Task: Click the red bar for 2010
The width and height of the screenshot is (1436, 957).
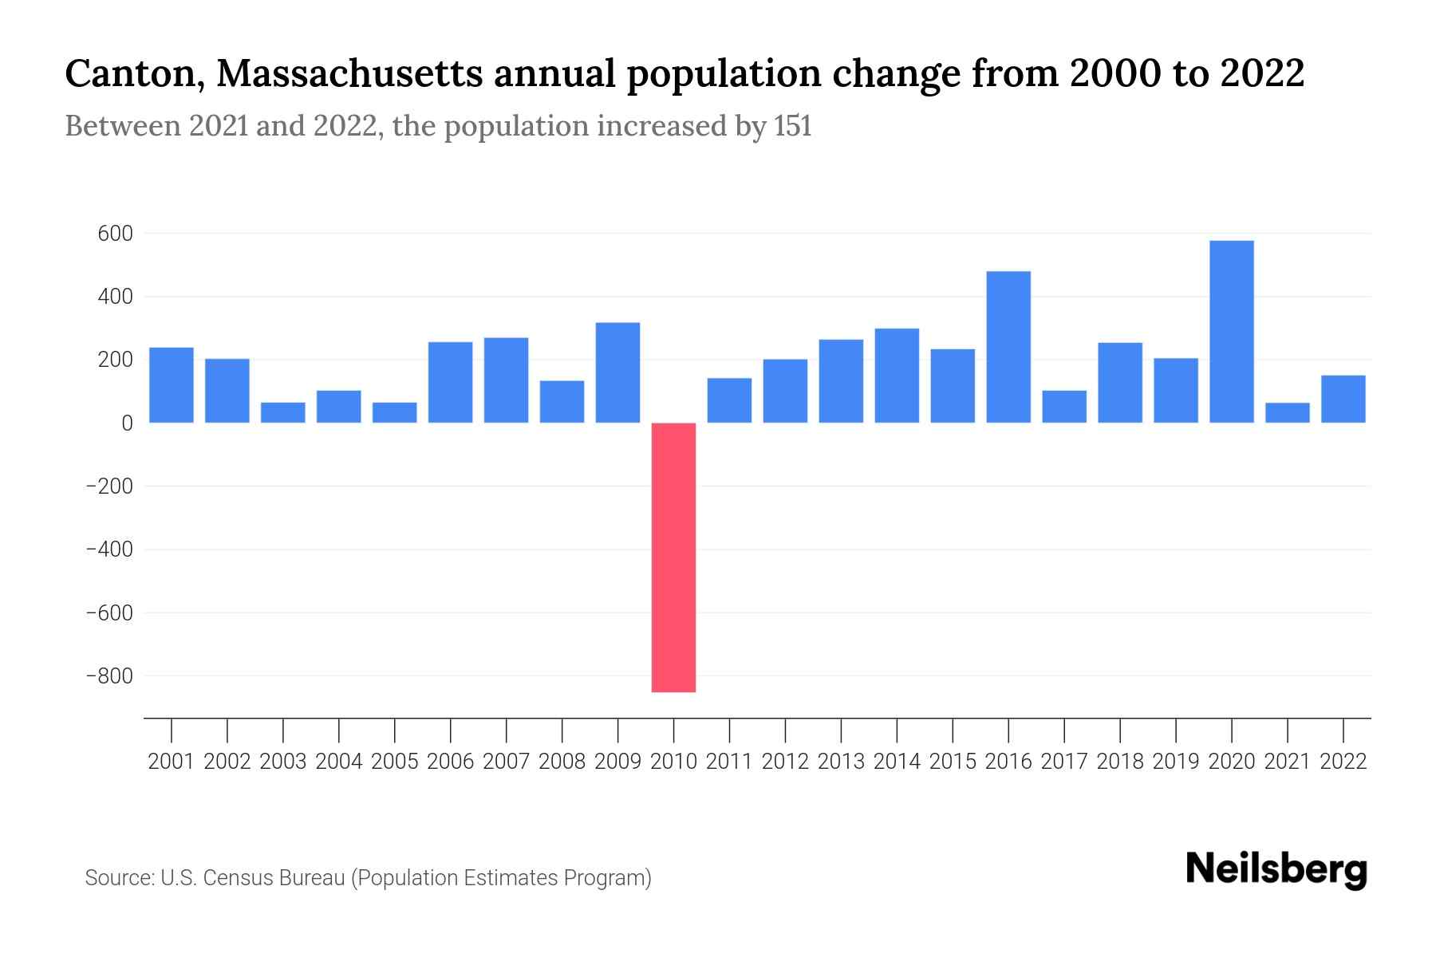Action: [x=673, y=557]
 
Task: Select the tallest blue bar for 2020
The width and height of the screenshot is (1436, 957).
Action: [x=1231, y=331]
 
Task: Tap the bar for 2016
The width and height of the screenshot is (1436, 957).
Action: [x=1008, y=347]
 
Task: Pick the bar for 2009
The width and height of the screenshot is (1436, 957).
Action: [x=617, y=372]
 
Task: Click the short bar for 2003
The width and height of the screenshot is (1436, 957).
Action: [x=283, y=412]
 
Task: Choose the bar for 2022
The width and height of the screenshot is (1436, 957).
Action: [x=1343, y=399]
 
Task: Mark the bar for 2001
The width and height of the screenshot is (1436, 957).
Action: [x=172, y=385]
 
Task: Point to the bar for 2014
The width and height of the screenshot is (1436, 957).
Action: [x=897, y=376]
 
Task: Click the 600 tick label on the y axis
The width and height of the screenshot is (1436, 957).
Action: [x=115, y=234]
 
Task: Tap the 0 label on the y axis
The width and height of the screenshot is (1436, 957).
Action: [x=126, y=423]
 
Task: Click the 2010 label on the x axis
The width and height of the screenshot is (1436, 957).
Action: [x=673, y=762]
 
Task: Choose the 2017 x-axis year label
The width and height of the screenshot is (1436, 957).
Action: [x=1064, y=762]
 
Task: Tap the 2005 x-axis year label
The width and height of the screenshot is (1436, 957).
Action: [x=395, y=762]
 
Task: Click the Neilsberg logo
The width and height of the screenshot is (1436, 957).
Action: [x=1276, y=869]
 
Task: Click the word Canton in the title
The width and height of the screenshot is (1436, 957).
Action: [x=132, y=75]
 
